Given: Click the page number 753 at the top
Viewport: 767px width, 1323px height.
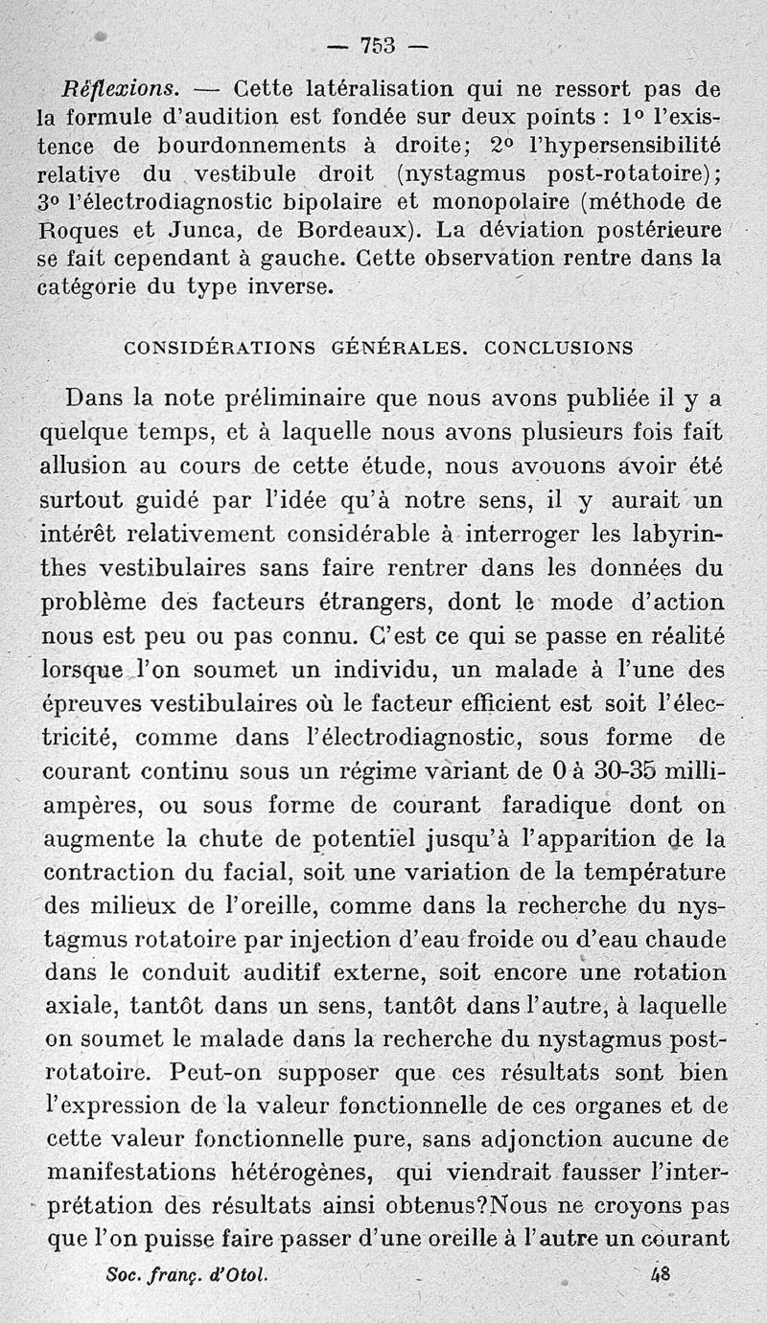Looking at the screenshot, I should (378, 45).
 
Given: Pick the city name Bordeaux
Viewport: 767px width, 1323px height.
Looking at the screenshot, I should (368, 231).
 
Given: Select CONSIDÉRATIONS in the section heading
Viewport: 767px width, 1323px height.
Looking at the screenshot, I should (220, 349).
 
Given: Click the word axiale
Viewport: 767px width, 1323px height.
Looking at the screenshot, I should (81, 1008).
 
